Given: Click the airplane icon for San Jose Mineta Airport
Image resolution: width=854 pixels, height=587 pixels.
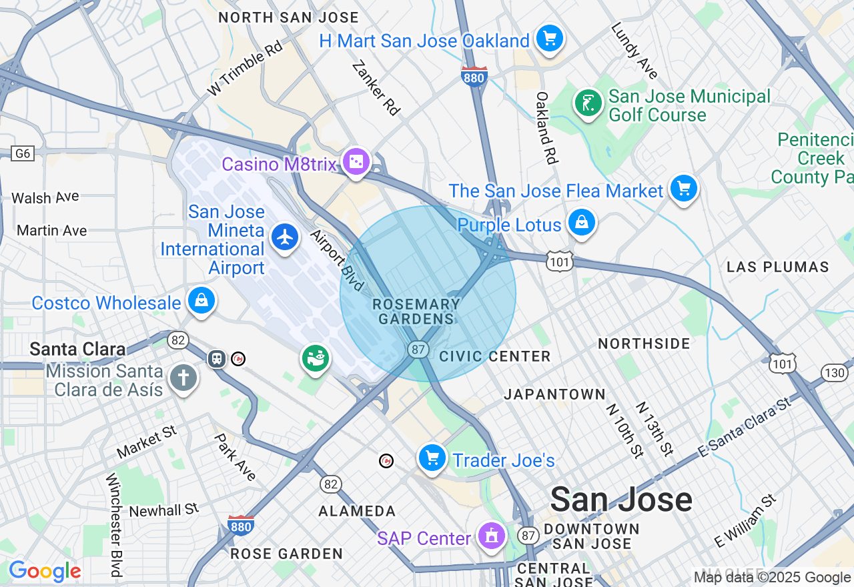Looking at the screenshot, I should [x=285, y=237].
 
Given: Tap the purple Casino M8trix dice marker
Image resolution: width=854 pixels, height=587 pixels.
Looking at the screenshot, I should [x=356, y=161].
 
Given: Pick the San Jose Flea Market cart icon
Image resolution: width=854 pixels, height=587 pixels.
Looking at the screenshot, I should [x=683, y=188].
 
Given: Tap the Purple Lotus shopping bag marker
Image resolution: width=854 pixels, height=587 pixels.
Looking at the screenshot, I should [x=581, y=223].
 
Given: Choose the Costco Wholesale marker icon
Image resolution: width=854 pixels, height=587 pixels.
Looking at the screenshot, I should [x=201, y=301].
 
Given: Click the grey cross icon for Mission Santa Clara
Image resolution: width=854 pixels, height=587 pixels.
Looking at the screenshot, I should [x=183, y=378].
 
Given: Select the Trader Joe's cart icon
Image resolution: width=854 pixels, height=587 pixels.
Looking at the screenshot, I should [x=432, y=458].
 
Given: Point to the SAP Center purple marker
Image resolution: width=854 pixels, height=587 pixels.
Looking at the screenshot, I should [x=492, y=536].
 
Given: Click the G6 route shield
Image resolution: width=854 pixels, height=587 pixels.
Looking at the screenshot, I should [x=23, y=153].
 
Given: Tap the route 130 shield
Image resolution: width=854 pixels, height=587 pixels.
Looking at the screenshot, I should [x=835, y=373].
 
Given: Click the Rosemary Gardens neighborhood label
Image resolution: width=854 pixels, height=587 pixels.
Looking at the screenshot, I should [x=416, y=312].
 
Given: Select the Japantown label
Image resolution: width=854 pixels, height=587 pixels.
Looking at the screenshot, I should [x=554, y=394].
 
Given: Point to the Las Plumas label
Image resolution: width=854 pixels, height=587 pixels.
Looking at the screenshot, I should [x=777, y=267].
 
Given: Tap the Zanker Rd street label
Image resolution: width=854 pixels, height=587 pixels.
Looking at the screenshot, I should [x=376, y=87].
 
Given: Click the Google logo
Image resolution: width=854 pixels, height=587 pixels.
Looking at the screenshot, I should [x=45, y=571].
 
